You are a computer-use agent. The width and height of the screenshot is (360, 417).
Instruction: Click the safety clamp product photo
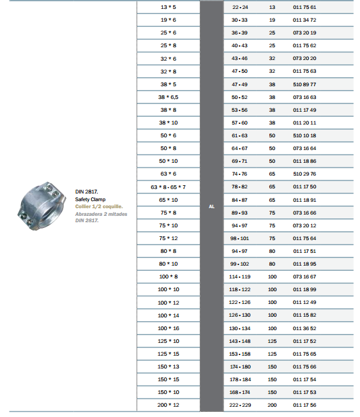(41, 206)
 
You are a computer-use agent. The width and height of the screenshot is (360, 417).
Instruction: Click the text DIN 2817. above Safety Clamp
(86, 192)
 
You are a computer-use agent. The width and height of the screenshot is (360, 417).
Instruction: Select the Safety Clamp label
(90, 199)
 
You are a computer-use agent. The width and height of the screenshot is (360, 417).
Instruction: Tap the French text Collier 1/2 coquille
(99, 206)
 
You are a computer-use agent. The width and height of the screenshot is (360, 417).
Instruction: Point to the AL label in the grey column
(212, 206)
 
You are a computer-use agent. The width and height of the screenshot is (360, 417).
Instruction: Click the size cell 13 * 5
(169, 7)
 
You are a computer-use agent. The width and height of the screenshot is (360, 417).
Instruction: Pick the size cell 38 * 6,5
(169, 97)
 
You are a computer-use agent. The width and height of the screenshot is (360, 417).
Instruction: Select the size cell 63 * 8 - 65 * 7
(169, 187)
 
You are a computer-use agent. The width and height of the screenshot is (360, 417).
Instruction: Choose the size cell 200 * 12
(169, 405)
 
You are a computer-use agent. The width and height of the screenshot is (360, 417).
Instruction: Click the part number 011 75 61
(304, 7)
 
